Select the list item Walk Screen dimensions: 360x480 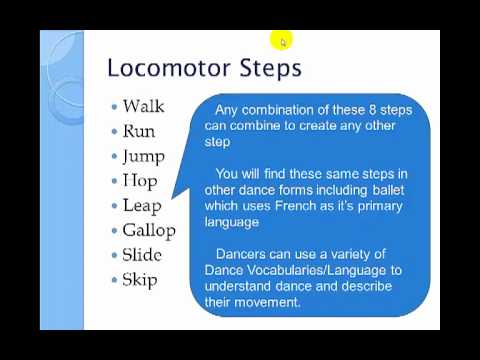(x=143, y=106)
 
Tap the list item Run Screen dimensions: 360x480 (x=139, y=131)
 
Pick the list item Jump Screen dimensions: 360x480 (x=143, y=157)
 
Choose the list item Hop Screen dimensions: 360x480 (x=140, y=182)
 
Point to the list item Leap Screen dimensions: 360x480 (x=141, y=206)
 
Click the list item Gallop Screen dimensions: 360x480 (x=148, y=231)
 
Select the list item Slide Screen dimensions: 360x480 (x=142, y=255)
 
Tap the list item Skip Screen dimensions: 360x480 (x=140, y=280)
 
